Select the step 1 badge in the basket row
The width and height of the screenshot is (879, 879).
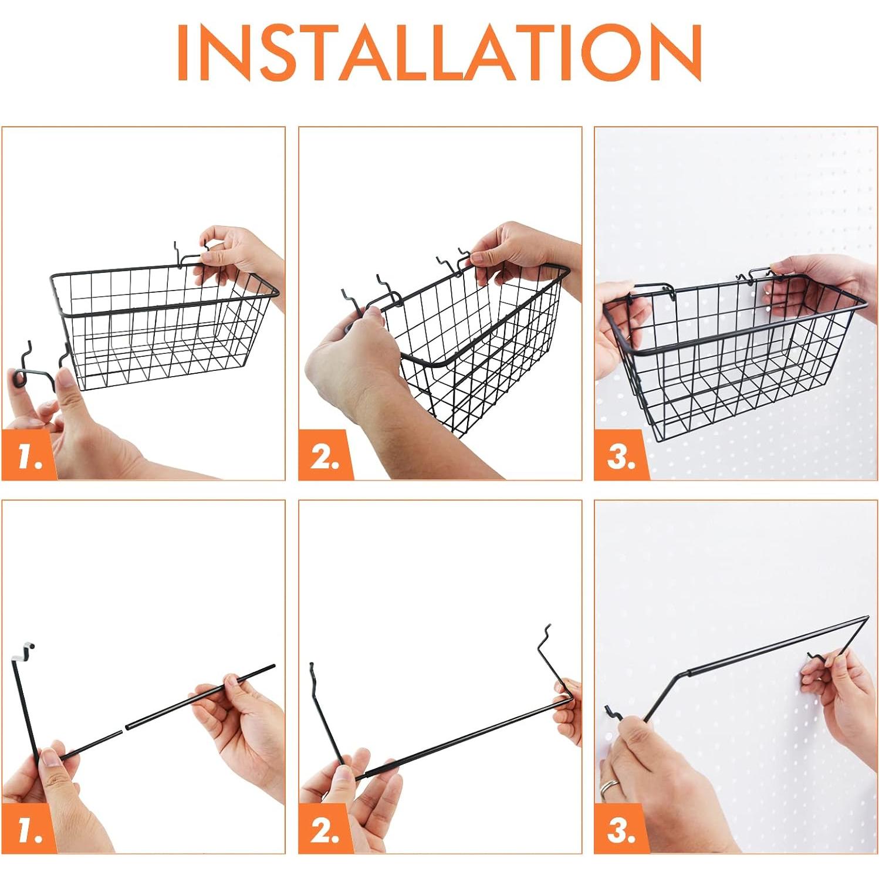(29, 455)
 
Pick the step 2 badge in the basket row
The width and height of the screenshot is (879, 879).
(326, 455)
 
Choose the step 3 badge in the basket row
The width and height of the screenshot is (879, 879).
(621, 455)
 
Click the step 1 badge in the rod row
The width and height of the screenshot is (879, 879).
(29, 829)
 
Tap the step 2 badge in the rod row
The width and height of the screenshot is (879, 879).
(326, 829)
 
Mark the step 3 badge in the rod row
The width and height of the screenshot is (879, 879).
(621, 829)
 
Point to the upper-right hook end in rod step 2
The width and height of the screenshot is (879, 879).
(546, 633)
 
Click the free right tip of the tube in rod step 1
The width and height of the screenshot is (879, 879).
(273, 666)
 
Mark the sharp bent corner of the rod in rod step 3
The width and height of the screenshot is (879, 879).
(868, 618)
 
